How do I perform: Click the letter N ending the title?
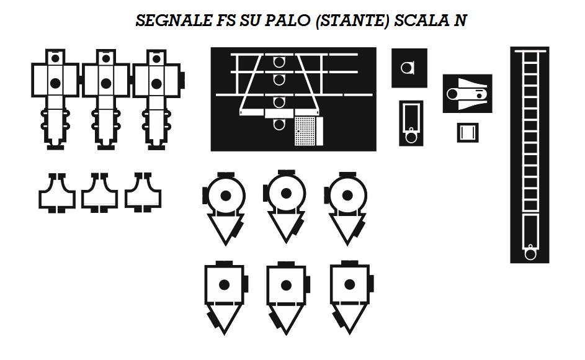(460, 20)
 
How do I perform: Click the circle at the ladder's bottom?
(530, 253)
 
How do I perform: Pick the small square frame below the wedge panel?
(468, 132)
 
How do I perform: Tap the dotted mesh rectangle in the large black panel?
(309, 130)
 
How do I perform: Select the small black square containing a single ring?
(409, 68)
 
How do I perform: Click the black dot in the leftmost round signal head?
(226, 196)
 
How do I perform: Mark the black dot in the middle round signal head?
(287, 194)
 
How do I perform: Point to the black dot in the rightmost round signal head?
(349, 196)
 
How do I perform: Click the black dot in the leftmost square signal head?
(225, 285)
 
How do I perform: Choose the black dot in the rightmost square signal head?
(350, 284)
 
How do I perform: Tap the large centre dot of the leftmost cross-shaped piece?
(55, 83)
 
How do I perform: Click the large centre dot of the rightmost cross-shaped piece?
(156, 83)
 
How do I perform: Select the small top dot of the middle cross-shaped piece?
(106, 58)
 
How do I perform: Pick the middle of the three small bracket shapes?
(100, 193)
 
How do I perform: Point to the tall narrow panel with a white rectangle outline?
(411, 123)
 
